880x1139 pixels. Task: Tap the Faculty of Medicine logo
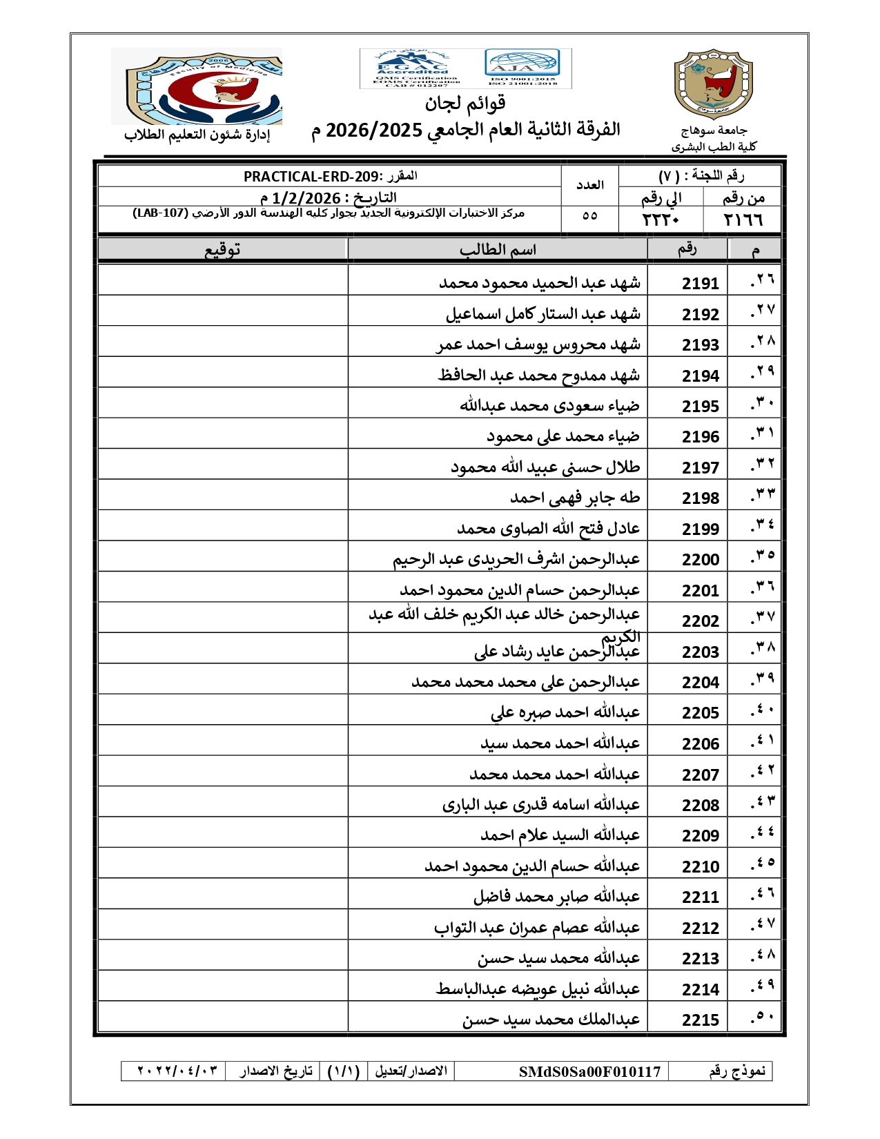point(197,86)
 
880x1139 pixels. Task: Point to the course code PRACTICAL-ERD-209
point(311,177)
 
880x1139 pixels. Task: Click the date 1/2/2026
point(306,198)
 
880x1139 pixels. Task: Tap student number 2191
point(700,284)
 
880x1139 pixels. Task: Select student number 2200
point(700,560)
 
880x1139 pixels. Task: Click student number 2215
point(700,1020)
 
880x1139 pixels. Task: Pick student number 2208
point(700,806)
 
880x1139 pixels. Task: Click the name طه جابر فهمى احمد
point(575,498)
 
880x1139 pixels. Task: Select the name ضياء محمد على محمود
point(563,436)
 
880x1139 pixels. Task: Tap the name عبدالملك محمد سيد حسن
point(551,1020)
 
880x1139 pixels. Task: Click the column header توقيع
point(222,249)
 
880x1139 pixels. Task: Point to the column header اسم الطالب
point(498,249)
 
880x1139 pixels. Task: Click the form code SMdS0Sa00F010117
point(589,1071)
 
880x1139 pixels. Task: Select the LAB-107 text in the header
point(160,213)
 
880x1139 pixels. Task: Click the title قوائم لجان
point(465,104)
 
